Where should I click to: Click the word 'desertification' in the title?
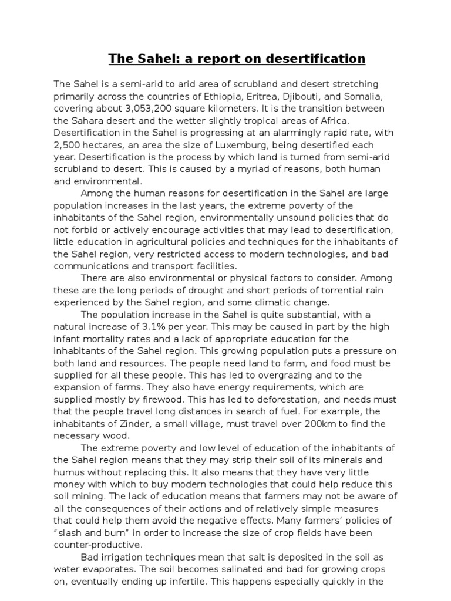point(317,59)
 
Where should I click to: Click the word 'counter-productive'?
point(93,544)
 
